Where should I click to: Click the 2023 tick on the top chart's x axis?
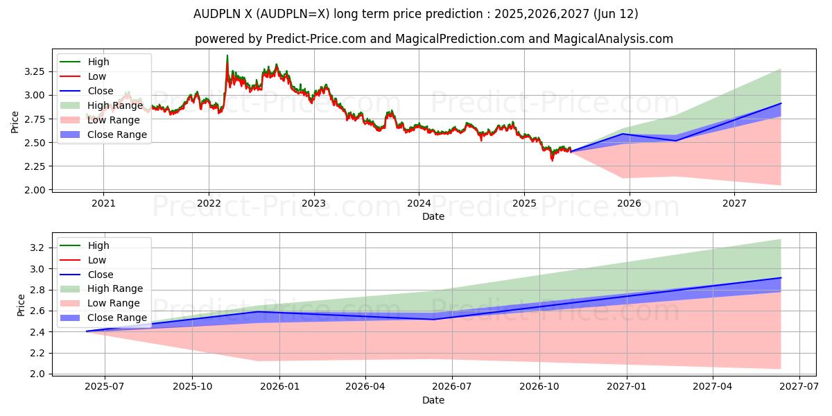click(313, 203)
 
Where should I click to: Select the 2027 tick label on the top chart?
click(734, 203)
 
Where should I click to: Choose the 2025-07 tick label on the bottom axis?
click(105, 387)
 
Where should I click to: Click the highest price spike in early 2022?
click(227, 56)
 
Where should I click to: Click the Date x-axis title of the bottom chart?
click(433, 400)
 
